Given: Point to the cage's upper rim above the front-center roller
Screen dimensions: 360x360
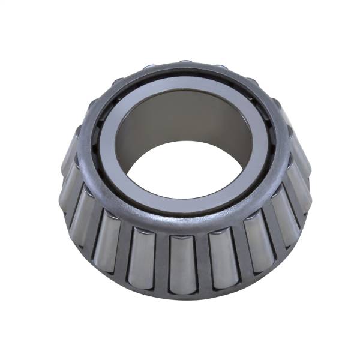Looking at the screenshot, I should click(x=182, y=225).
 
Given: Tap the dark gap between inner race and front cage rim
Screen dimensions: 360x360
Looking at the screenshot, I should click(x=180, y=212).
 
